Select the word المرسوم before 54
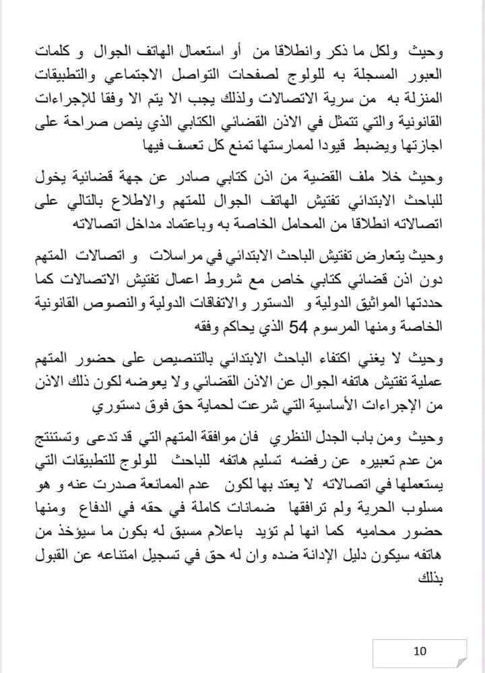pyautogui.click(x=343, y=328)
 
